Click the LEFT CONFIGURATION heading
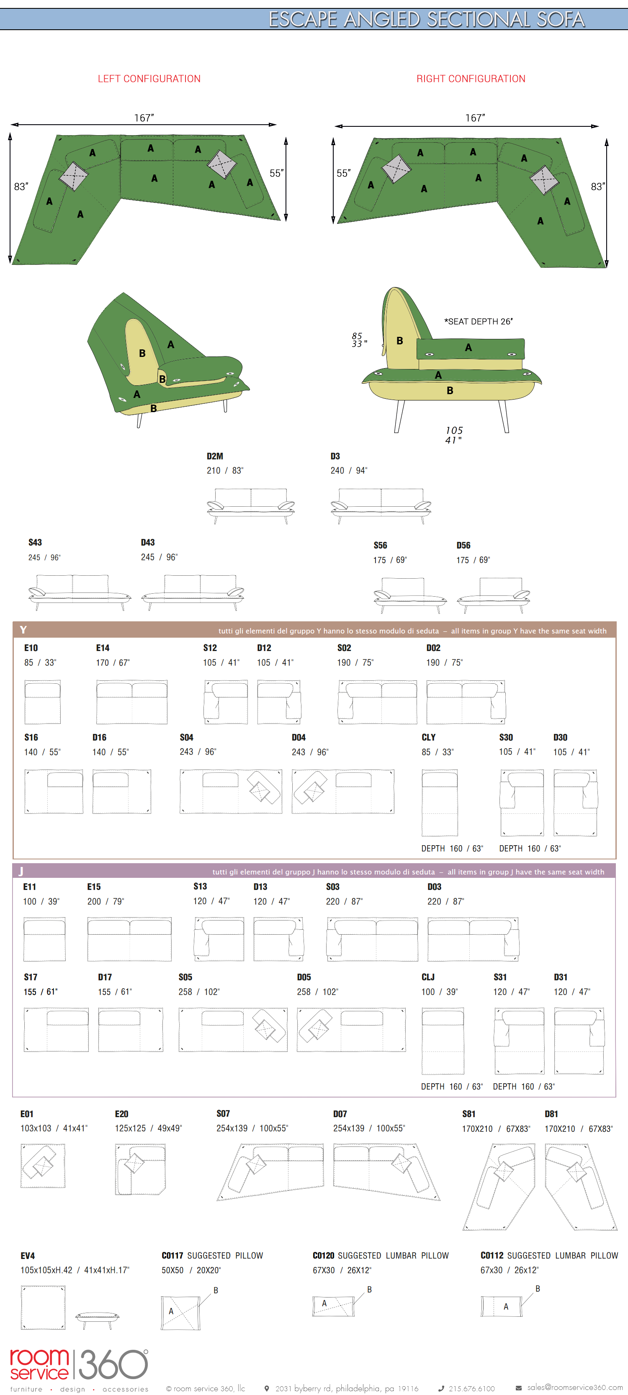tap(149, 79)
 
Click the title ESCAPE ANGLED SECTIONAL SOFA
tap(427, 20)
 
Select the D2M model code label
tap(215, 456)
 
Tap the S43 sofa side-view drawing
tap(79, 592)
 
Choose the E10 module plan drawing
tap(42, 702)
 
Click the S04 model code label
tap(186, 737)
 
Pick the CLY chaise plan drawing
tap(440, 803)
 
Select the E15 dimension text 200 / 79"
tap(106, 901)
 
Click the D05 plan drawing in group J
tap(351, 1029)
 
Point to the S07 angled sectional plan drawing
tap(270, 1171)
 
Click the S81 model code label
tap(468, 1113)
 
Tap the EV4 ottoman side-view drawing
tap(98, 1319)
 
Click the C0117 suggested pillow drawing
tap(180, 1313)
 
